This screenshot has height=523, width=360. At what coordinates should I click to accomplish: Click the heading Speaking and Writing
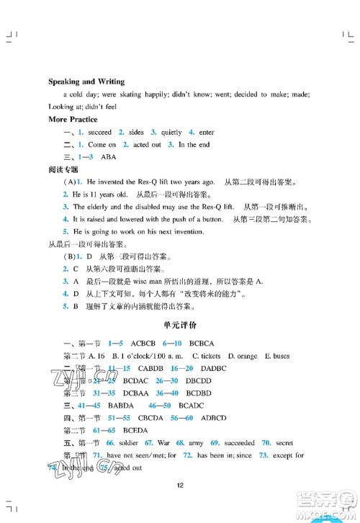[x=86, y=81]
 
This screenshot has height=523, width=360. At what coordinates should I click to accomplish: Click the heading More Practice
[x=72, y=119]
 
